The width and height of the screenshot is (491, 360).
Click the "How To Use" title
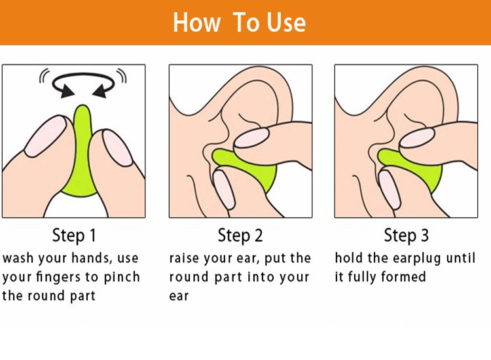click(x=239, y=23)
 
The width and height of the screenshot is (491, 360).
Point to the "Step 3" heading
click(x=405, y=235)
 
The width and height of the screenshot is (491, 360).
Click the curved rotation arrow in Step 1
click(x=82, y=83)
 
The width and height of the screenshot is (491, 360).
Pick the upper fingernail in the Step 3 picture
click(x=416, y=137)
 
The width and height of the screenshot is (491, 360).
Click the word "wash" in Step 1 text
click(x=18, y=258)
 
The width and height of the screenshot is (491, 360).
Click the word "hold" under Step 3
click(x=350, y=258)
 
